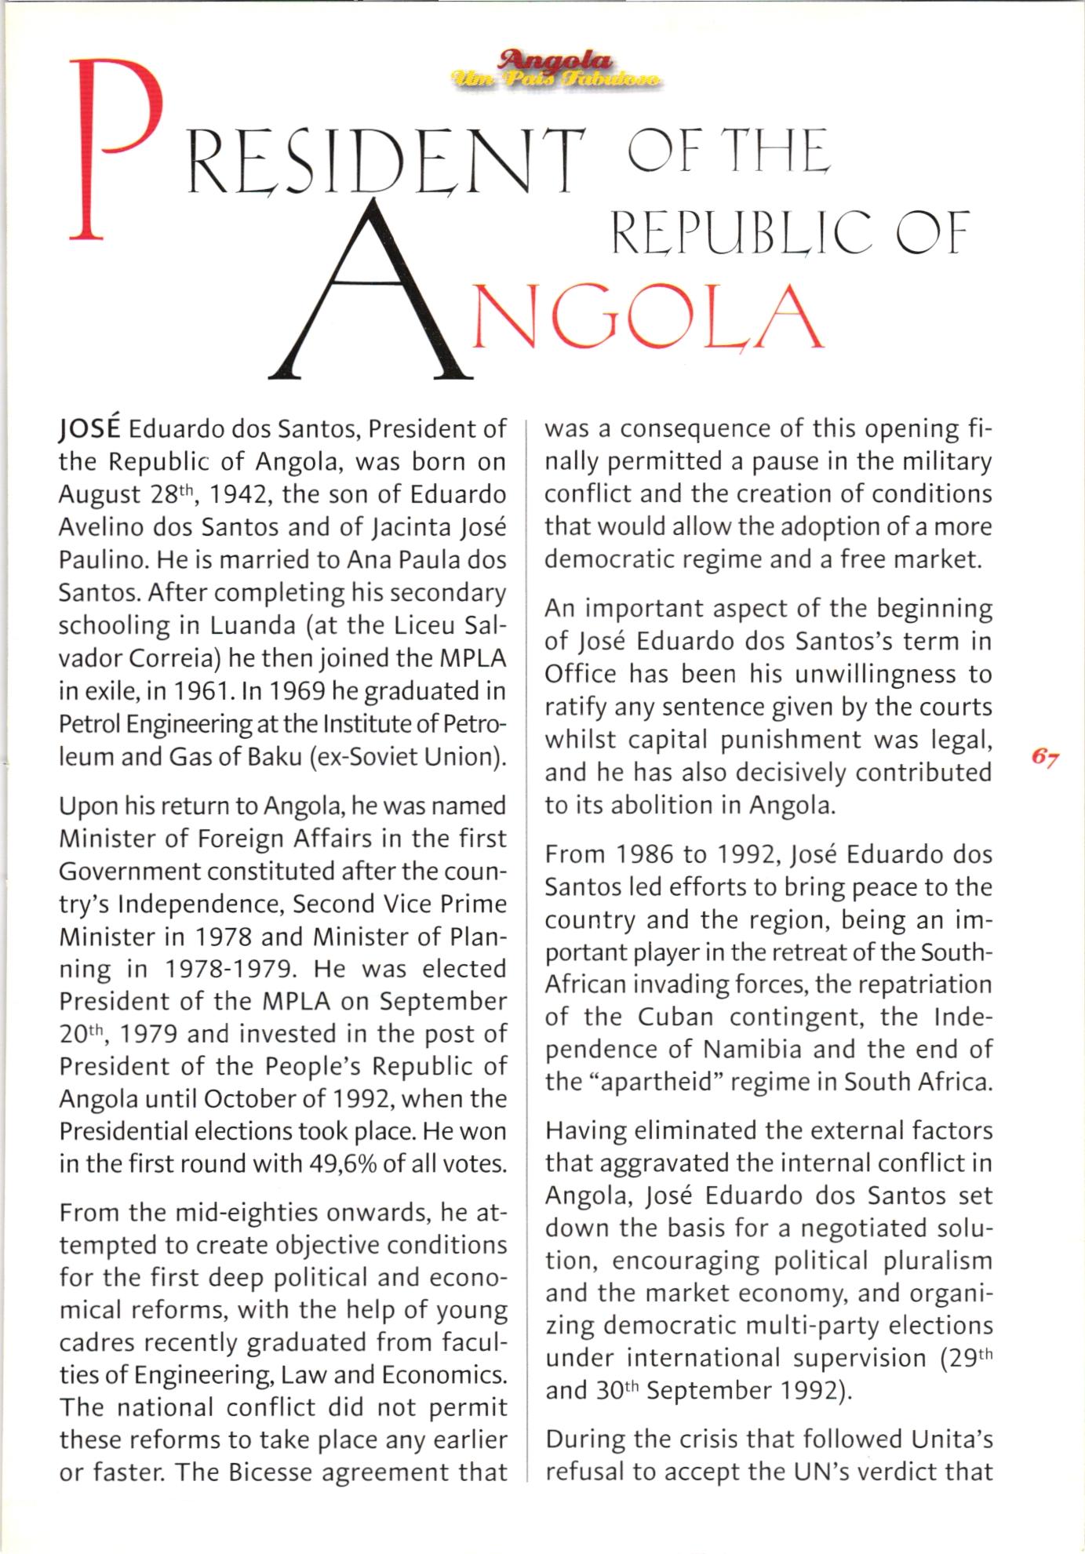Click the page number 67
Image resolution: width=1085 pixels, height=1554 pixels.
click(x=1045, y=758)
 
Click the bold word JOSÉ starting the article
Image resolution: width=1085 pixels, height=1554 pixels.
click(x=89, y=430)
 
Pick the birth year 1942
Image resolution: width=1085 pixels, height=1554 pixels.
click(x=239, y=495)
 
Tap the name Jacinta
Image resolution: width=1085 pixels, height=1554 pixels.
click(x=407, y=528)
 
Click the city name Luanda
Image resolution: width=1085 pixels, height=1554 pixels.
click(x=251, y=626)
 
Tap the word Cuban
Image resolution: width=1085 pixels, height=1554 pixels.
click(x=675, y=1017)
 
